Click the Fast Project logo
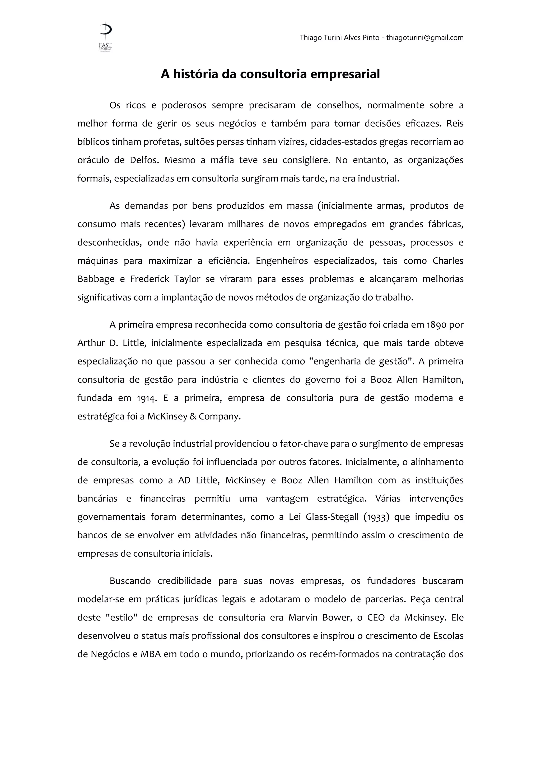tap(105, 37)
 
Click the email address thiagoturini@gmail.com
tap(425, 38)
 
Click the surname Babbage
tap(96, 279)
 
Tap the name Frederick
tap(150, 279)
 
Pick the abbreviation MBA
tap(151, 654)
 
